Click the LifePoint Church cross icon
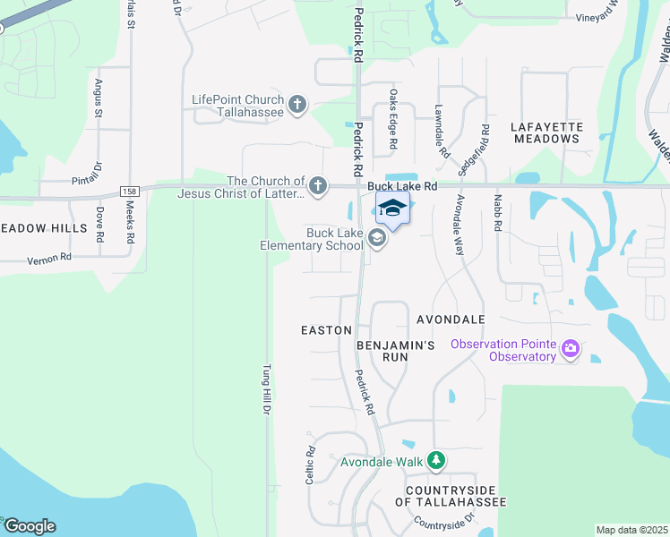(298, 107)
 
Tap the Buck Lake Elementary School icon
(377, 238)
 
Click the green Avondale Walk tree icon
(435, 462)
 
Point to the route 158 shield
(129, 192)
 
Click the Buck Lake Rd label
(401, 186)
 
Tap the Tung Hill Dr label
(266, 388)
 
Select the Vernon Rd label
(49, 258)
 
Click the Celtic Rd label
(311, 461)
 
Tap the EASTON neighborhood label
(326, 330)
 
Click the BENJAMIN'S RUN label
(395, 350)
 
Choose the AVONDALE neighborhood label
(451, 319)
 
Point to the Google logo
(29, 526)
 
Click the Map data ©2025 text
(631, 530)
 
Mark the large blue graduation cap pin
(391, 209)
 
